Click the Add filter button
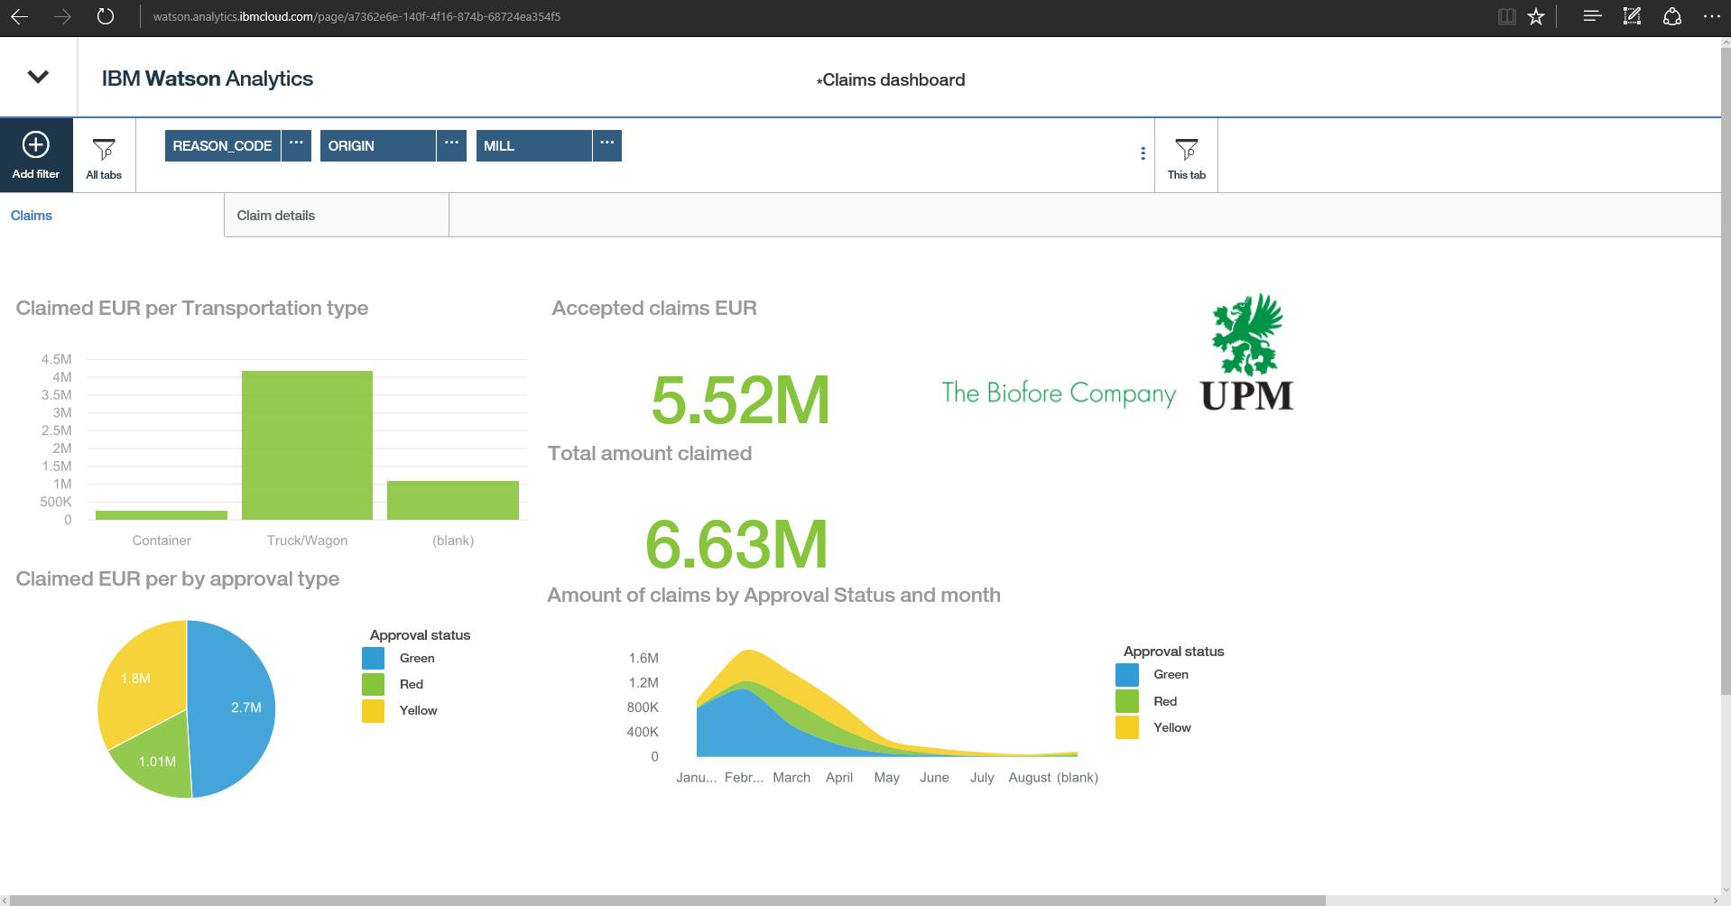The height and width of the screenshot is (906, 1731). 36,154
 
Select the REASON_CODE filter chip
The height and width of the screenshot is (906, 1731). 222,145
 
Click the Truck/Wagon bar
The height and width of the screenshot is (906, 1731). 307,445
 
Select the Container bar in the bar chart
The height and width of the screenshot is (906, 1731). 162,515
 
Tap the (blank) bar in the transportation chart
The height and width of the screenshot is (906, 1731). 453,500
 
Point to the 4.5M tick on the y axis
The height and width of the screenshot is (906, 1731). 56,359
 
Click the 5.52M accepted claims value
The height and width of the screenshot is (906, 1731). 740,400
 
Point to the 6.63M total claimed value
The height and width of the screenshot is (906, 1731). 736,544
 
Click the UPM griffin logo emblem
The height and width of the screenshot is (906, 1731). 1247,334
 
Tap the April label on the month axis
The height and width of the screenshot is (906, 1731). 839,777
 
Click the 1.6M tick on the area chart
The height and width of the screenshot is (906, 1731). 643,658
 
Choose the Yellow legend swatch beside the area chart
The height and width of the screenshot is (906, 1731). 1127,727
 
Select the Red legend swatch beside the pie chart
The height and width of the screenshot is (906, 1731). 373,684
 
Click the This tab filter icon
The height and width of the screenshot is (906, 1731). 1186,154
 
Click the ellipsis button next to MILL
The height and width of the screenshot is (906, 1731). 607,144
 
